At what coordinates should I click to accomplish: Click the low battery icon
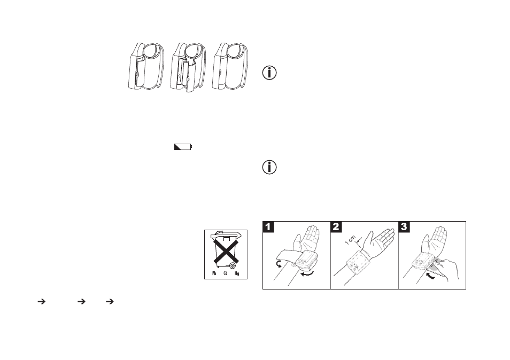183,147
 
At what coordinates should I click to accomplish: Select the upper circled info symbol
269,73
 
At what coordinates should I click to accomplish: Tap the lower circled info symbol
269,167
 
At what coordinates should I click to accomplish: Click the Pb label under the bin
214,273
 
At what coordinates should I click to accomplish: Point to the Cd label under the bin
226,273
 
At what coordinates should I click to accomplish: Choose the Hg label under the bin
237,273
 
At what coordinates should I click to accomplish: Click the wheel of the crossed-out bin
232,265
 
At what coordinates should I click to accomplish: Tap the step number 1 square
268,227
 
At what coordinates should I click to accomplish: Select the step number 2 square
336,227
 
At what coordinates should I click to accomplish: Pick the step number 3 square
404,227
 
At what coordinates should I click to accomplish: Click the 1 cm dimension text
351,240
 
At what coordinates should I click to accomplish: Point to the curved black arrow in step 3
431,276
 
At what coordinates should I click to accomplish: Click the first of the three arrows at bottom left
41,302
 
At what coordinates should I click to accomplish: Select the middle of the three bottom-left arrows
81,302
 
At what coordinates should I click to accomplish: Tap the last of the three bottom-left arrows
110,302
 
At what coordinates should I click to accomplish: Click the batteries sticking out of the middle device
187,75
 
